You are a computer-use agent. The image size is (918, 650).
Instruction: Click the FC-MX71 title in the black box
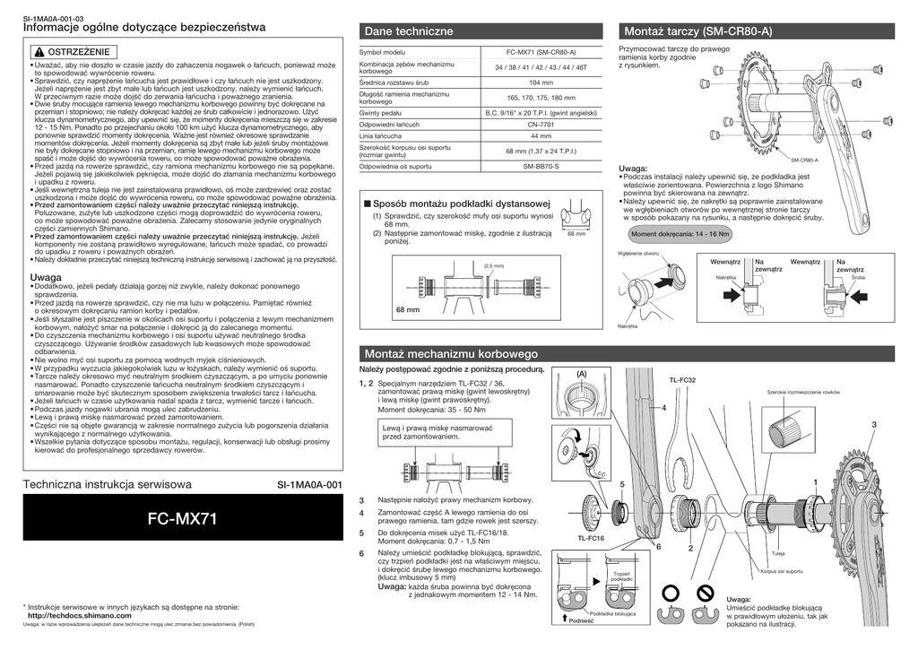[185, 517]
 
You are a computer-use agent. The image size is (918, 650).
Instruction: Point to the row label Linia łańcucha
[381, 135]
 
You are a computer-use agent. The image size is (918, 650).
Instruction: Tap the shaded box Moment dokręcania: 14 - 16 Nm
[680, 234]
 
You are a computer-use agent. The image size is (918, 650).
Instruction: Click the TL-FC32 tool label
[682, 380]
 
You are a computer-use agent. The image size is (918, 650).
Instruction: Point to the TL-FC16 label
[591, 538]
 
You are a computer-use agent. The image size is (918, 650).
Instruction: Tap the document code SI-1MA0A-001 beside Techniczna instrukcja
[310, 485]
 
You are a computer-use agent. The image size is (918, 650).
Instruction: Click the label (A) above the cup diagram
[581, 374]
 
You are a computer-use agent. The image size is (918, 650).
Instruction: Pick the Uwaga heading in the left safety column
[47, 279]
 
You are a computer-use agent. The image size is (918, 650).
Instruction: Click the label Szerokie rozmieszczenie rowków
[802, 393]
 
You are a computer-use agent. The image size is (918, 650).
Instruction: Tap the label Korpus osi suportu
[781, 571]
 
